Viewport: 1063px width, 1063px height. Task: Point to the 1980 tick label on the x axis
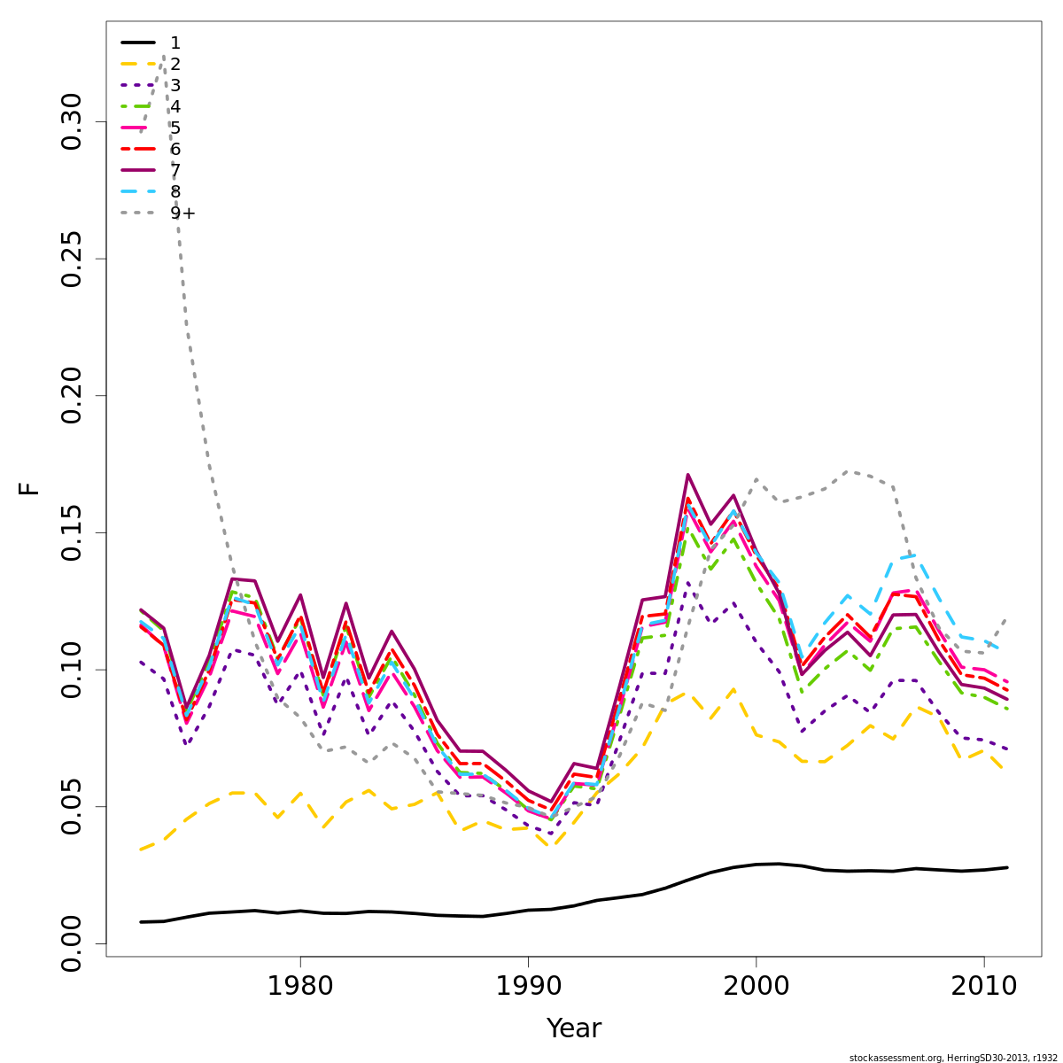tap(299, 986)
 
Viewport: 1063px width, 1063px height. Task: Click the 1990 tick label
tap(528, 986)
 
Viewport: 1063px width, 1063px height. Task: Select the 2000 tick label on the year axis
tap(756, 986)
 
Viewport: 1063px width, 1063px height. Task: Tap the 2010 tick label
tap(983, 986)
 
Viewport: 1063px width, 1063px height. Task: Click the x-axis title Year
tap(573, 1028)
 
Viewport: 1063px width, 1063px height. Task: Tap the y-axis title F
tap(30, 488)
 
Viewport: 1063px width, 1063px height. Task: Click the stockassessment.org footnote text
tap(952, 1058)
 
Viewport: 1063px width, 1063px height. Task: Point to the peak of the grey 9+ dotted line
tap(163, 55)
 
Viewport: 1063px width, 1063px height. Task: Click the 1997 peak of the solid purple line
tap(687, 474)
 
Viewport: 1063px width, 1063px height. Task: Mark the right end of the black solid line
tap(1006, 867)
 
